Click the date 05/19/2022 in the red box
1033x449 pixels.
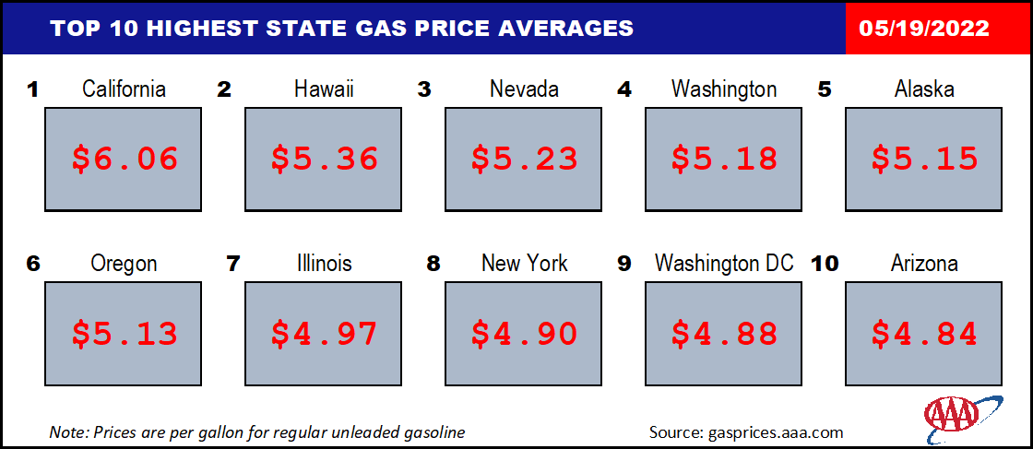(x=923, y=29)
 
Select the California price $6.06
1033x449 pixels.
(x=125, y=159)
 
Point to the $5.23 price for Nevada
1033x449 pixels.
(x=525, y=159)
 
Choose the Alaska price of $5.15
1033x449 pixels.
(x=924, y=159)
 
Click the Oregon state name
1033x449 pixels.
(x=124, y=264)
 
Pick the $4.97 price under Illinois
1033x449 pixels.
(x=324, y=333)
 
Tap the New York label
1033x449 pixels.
(x=525, y=264)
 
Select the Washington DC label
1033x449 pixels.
(x=724, y=264)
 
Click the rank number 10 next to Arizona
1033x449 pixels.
(x=824, y=264)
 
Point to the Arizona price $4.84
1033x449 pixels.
(x=924, y=333)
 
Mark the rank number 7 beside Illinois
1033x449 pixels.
(x=232, y=264)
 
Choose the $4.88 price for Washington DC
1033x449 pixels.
(x=724, y=333)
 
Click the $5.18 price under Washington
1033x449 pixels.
(x=724, y=159)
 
